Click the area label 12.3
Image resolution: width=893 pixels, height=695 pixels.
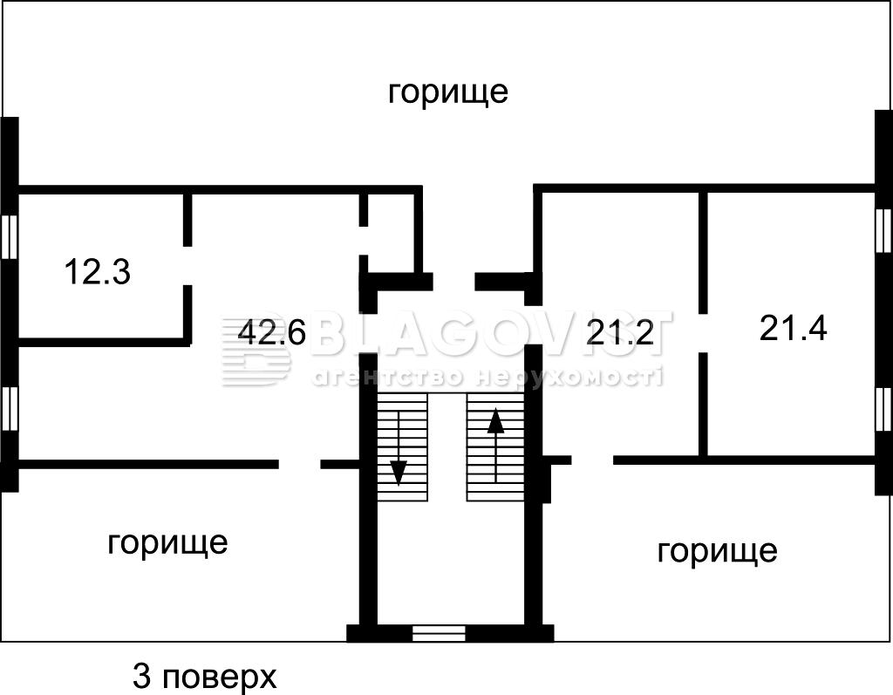(98, 273)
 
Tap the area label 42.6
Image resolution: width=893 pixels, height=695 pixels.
(272, 332)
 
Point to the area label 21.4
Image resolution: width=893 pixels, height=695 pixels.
(793, 328)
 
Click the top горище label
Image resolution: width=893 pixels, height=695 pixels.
(447, 92)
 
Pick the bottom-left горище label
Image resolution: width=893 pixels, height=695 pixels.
(167, 542)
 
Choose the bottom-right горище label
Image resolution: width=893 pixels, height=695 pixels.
(717, 550)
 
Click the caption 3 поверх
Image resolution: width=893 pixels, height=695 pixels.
(204, 675)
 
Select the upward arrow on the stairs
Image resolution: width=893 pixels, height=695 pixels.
(495, 445)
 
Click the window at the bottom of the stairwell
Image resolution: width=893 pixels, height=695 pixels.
(439, 633)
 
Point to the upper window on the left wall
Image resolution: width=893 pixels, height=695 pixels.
(10, 235)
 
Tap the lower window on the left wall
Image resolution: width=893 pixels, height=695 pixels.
(10, 407)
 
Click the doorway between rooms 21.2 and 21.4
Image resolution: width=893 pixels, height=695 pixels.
(703, 332)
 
